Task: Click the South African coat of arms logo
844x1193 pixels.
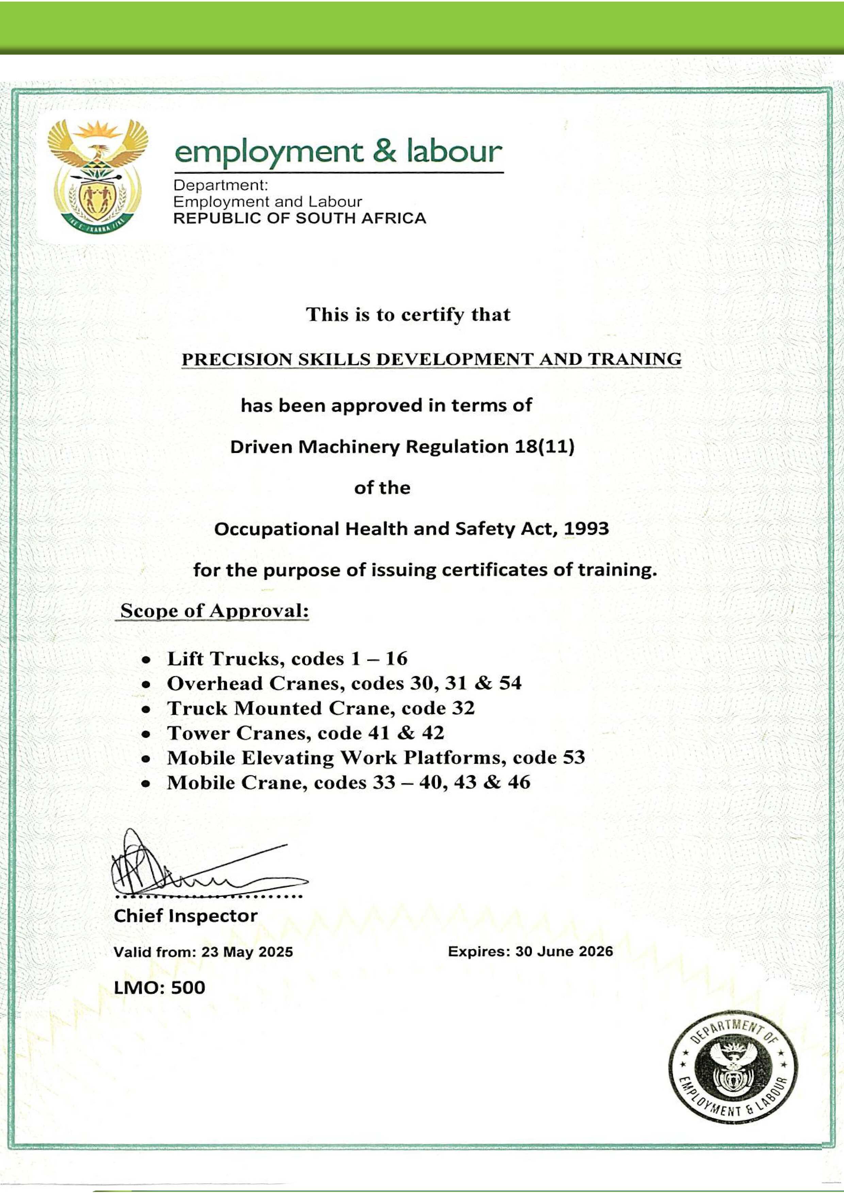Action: (98, 178)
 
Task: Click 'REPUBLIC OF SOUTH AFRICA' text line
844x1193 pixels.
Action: (299, 218)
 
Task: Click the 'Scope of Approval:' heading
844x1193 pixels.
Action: (214, 611)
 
